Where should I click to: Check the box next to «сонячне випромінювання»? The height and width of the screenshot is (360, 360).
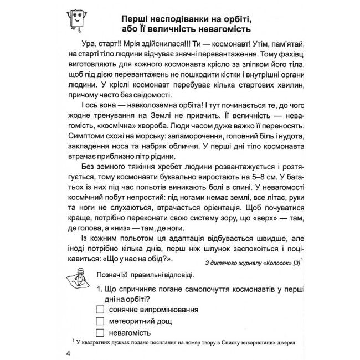pyautogui.click(x=100, y=309)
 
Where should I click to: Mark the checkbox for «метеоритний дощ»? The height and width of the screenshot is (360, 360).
pyautogui.click(x=100, y=321)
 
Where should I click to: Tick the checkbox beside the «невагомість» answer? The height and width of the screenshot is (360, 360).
pyautogui.click(x=100, y=332)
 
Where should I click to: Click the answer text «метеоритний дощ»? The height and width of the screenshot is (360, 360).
pyautogui.click(x=141, y=321)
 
